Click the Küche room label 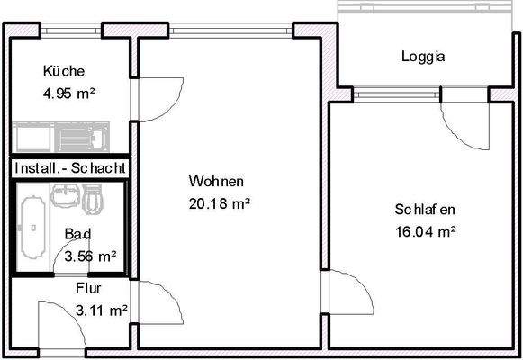pos(63,72)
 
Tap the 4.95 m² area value pos(69,92)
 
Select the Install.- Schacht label pos(69,168)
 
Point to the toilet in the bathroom pos(93,198)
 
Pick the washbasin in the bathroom pos(65,193)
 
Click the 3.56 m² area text pos(90,256)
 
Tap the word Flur pos(88,289)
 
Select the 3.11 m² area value pos(101,311)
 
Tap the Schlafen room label pos(424,210)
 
